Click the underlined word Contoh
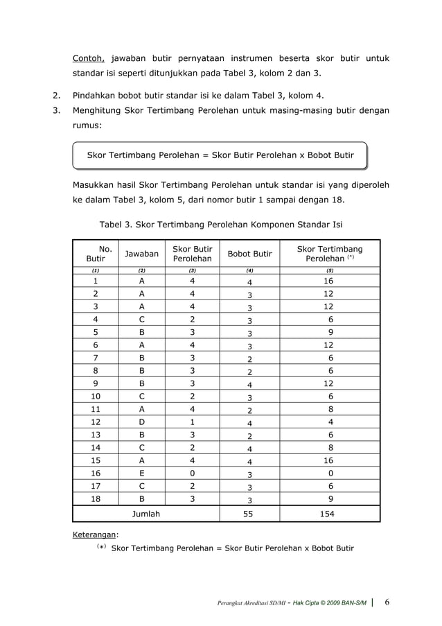[x=89, y=58]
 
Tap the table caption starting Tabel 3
[x=221, y=225]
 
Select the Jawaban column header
[x=141, y=254]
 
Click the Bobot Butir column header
[x=249, y=254]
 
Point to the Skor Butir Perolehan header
[x=192, y=254]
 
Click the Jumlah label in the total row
[x=145, y=514]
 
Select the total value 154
[x=329, y=514]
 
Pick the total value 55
[x=249, y=514]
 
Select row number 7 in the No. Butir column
[x=95, y=358]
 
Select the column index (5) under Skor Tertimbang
[x=329, y=270]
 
